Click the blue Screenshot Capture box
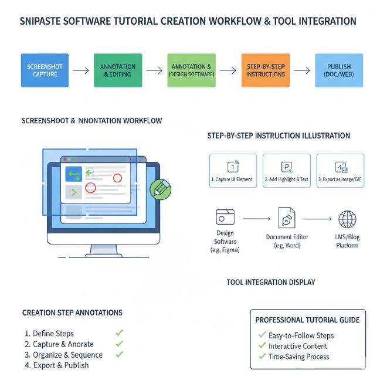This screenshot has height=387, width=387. pyautogui.click(x=45, y=70)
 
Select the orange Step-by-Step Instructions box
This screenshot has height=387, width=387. pyautogui.click(x=265, y=70)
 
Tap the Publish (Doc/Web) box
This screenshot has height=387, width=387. pyautogui.click(x=338, y=70)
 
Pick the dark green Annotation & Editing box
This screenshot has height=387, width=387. pyautogui.click(x=118, y=70)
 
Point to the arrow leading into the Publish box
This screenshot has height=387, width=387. pyautogui.click(x=302, y=70)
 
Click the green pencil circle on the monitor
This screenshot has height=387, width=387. pyautogui.click(x=160, y=189)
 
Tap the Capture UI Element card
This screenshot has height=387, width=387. pyautogui.click(x=233, y=171)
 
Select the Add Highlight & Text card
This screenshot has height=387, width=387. pyautogui.click(x=287, y=171)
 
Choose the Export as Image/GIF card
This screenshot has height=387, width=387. pyautogui.click(x=340, y=171)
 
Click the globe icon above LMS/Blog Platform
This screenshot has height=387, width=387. pyautogui.click(x=347, y=219)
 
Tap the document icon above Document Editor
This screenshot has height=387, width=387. pyautogui.click(x=287, y=218)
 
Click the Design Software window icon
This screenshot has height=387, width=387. pyautogui.click(x=225, y=217)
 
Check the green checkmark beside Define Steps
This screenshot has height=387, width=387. pyautogui.click(x=120, y=333)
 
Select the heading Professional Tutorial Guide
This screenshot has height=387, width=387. pyautogui.click(x=307, y=320)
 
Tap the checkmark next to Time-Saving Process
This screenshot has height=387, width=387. pyautogui.click(x=262, y=357)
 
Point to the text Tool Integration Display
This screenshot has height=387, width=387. pyautogui.click(x=271, y=283)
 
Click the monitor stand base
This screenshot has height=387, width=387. pyautogui.click(x=104, y=253)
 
